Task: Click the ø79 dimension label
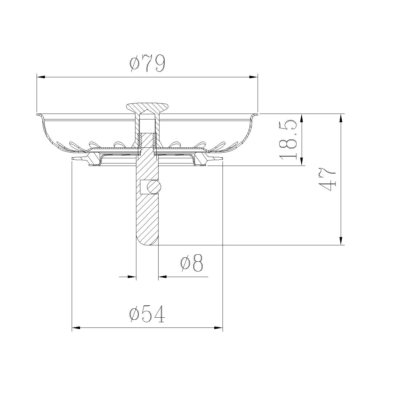pos(147,63)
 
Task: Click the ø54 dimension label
pos(147,314)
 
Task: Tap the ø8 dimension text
pos(191,263)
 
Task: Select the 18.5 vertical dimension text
pos(288,140)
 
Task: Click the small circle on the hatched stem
pos(154,187)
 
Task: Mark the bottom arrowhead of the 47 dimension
pos(341,241)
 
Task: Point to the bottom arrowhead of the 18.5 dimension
pos(302,162)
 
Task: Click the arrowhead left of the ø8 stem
pos(132,277)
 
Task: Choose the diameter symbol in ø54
pos(134,314)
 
